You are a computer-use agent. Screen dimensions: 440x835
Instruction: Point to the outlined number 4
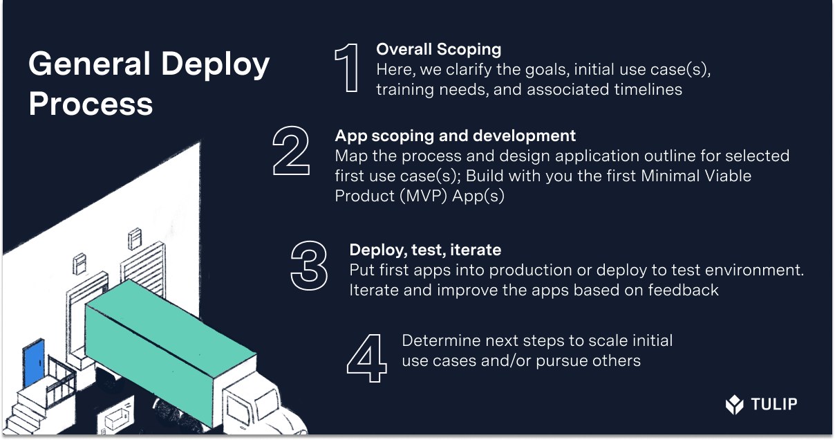pos(367,358)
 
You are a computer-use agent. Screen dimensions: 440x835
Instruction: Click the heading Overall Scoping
pos(438,49)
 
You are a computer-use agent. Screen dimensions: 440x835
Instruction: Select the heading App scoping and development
pos(455,136)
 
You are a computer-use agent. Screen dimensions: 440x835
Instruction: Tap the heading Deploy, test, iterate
pos(425,250)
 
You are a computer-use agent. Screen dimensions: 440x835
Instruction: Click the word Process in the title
pos(91,104)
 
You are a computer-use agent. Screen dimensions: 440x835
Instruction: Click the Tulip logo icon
pos(734,404)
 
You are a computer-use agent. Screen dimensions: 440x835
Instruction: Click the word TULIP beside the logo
pos(773,404)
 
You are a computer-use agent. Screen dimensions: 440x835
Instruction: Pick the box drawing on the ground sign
pos(115,419)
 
